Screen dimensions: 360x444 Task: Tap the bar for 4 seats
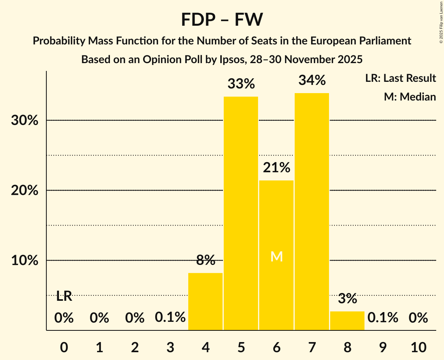click(x=205, y=302)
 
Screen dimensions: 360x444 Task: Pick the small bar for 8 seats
click(x=347, y=321)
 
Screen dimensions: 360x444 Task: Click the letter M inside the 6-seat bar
click(x=276, y=256)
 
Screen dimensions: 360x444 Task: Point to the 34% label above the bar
click(x=312, y=81)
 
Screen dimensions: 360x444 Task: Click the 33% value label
click(x=241, y=84)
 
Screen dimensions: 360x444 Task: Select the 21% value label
click(x=276, y=168)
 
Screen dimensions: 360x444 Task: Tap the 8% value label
click(x=205, y=260)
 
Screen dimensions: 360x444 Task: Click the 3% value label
click(x=347, y=299)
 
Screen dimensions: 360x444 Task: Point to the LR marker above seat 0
click(x=64, y=296)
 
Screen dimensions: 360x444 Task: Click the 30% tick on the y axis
click(x=25, y=121)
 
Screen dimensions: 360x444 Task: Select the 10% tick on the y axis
click(x=25, y=261)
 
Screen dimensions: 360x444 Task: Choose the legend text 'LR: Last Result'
click(x=400, y=78)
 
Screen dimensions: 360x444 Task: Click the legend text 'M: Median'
click(x=410, y=97)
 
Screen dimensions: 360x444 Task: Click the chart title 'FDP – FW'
click(x=222, y=20)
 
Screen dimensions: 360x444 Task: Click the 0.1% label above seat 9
click(x=383, y=318)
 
